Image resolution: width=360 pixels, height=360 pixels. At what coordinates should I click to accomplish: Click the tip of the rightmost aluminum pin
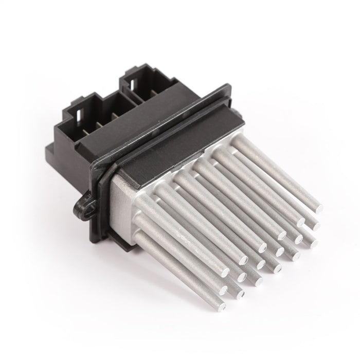point(318,208)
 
